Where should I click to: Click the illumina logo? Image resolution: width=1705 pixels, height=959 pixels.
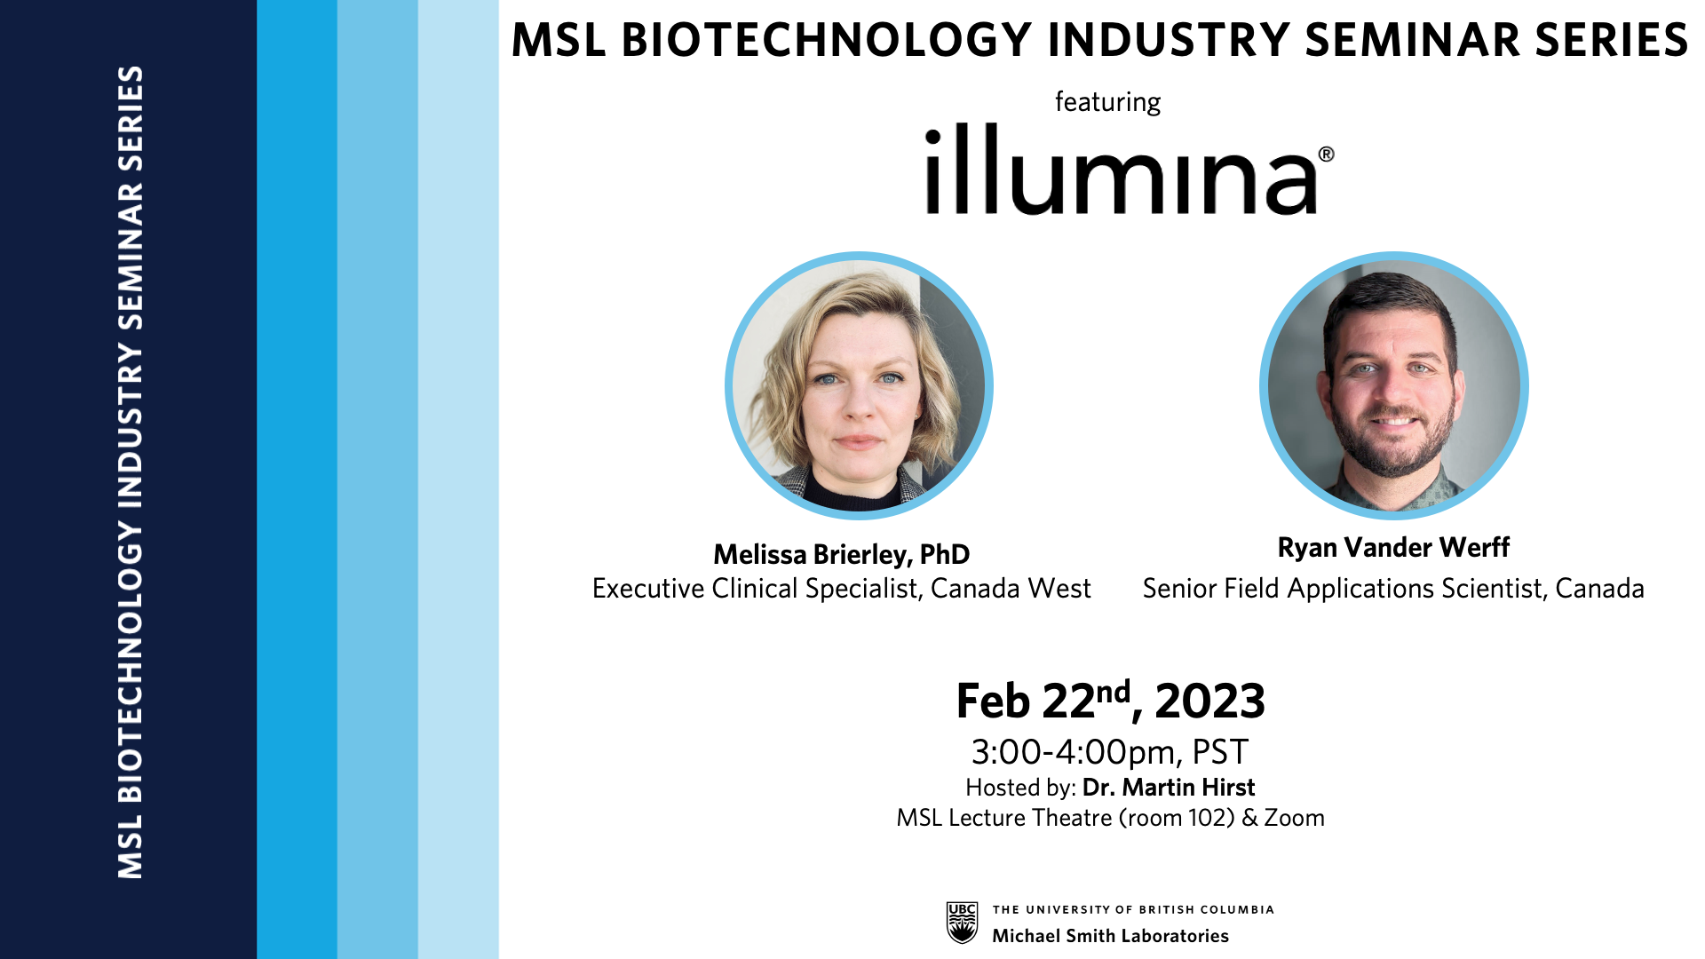pos(1129,170)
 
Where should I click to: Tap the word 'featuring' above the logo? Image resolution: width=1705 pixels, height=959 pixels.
pos(1107,102)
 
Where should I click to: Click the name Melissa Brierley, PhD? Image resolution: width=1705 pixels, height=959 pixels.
pos(841,554)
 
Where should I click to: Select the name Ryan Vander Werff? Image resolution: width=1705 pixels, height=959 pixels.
pos(1393,547)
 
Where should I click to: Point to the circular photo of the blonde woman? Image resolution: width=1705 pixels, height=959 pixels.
pos(859,385)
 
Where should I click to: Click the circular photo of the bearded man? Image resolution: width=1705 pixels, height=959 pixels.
pos(1393,385)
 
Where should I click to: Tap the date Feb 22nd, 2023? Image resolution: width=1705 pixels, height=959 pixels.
pos(1110,701)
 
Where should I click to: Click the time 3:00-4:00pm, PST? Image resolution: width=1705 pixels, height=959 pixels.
pos(1110,752)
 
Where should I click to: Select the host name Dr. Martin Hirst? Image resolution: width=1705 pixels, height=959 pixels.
pos(1169,788)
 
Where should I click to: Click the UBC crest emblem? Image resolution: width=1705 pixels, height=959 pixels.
pos(962,923)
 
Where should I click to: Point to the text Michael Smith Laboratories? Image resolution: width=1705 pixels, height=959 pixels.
pos(1110,936)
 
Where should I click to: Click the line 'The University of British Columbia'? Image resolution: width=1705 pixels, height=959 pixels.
pos(1133,909)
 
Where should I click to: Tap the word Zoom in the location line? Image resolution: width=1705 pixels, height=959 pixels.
pos(1294,818)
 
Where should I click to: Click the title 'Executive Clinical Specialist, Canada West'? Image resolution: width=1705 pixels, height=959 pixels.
pos(841,589)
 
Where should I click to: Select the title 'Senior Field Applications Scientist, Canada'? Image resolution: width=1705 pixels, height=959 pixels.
pos(1393,589)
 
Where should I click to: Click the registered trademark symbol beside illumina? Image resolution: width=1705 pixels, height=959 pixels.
pos(1326,155)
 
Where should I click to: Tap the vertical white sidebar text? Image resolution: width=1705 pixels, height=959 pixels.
pos(131,472)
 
